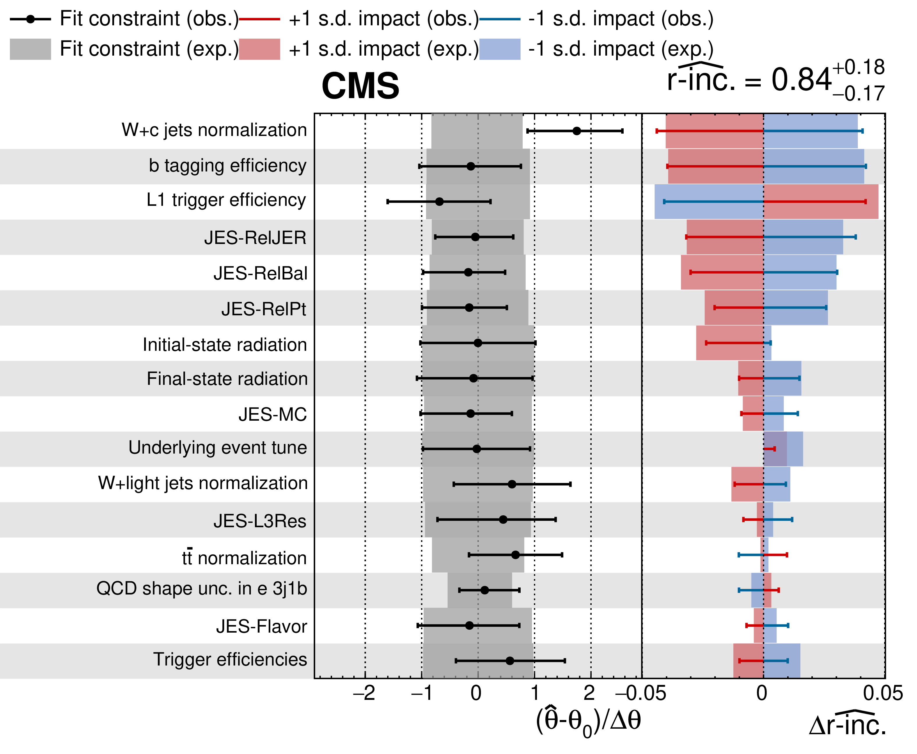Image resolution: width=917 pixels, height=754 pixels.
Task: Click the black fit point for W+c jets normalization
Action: click(577, 131)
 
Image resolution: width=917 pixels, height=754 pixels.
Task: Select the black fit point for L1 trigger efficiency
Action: click(439, 201)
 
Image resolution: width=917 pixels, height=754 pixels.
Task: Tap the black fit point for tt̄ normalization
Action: click(515, 555)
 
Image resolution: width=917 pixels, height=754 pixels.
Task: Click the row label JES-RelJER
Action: click(255, 238)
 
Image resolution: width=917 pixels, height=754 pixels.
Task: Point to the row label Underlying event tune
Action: click(217, 448)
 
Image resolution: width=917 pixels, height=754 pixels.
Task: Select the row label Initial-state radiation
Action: click(224, 344)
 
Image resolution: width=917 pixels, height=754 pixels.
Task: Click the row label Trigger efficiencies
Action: click(230, 659)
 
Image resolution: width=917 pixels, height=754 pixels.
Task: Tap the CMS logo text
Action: click(360, 86)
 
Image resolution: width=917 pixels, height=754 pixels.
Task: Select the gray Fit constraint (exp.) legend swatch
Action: click(30, 49)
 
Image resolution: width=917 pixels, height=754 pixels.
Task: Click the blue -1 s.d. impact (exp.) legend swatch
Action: click(500, 49)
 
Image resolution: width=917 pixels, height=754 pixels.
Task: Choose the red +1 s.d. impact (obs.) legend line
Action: click(260, 19)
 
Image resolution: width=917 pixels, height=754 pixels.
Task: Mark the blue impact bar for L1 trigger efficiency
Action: click(709, 201)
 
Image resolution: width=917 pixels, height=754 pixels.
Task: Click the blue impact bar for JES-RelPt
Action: click(795, 307)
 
